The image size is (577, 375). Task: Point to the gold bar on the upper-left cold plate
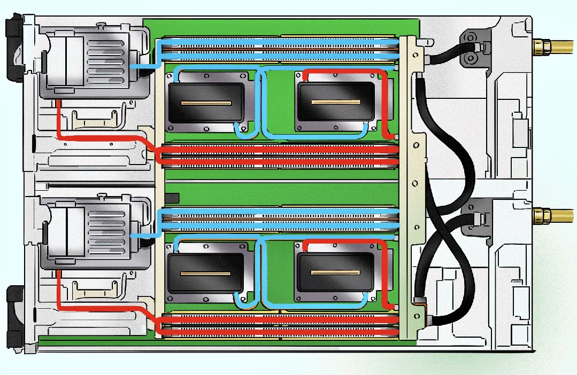coord(206,103)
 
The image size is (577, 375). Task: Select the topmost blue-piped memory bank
coord(278,47)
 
